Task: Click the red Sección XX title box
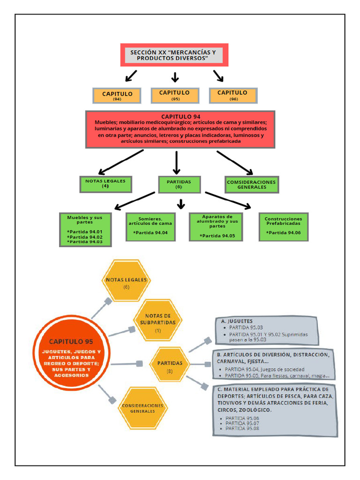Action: (174, 55)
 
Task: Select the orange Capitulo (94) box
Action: (117, 96)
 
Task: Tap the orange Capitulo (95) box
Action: (175, 95)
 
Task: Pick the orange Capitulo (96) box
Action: (233, 95)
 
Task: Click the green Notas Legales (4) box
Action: (105, 184)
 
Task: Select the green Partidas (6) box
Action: (179, 184)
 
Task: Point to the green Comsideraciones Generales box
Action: (252, 184)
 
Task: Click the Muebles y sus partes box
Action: (85, 229)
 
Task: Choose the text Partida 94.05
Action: (217, 236)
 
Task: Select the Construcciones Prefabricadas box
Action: (283, 227)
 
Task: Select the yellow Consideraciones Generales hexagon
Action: (142, 408)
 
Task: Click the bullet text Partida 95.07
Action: (242, 423)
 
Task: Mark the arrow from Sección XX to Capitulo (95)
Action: (175, 77)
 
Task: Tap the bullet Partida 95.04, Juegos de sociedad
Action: (264, 369)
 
